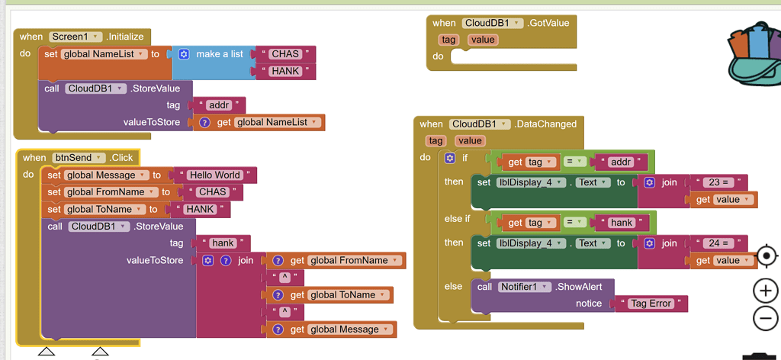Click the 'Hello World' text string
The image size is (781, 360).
click(x=215, y=175)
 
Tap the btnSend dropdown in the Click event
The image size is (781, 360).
click(x=79, y=158)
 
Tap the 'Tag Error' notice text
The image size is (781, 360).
click(x=651, y=304)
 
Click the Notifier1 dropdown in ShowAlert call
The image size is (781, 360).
click(x=524, y=287)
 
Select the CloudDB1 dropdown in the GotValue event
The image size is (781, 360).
click(x=492, y=23)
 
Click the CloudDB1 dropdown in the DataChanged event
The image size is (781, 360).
click(x=480, y=124)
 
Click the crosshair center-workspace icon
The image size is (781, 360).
click(x=766, y=256)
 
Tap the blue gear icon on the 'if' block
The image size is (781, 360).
click(x=450, y=158)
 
